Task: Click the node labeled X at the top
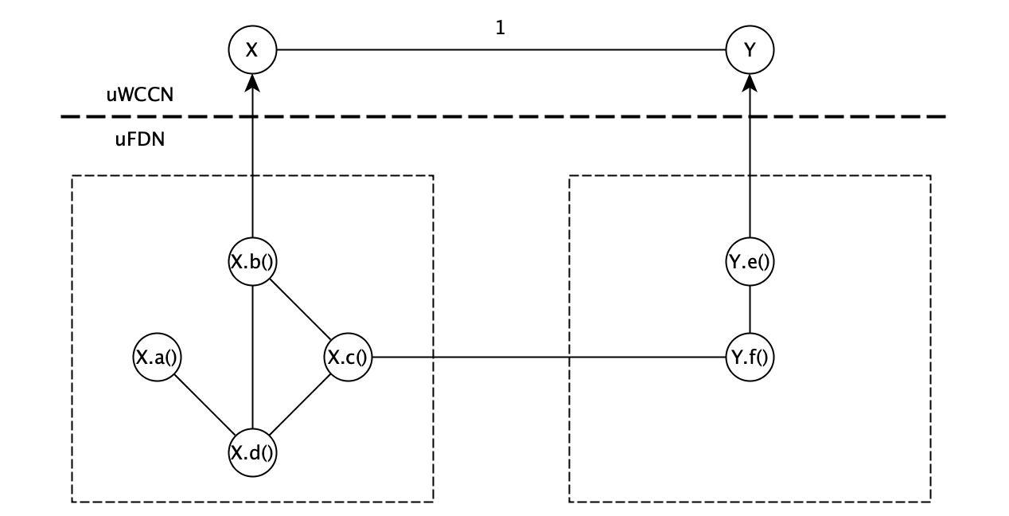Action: [x=252, y=50]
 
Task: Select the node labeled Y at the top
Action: [x=750, y=50]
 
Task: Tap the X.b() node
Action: [x=252, y=264]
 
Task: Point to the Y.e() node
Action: [x=750, y=264]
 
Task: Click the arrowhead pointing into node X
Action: [x=252, y=82]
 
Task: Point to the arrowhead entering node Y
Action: [x=750, y=82]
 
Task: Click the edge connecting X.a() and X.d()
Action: [x=203, y=407]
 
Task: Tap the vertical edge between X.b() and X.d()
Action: [x=252, y=358]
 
